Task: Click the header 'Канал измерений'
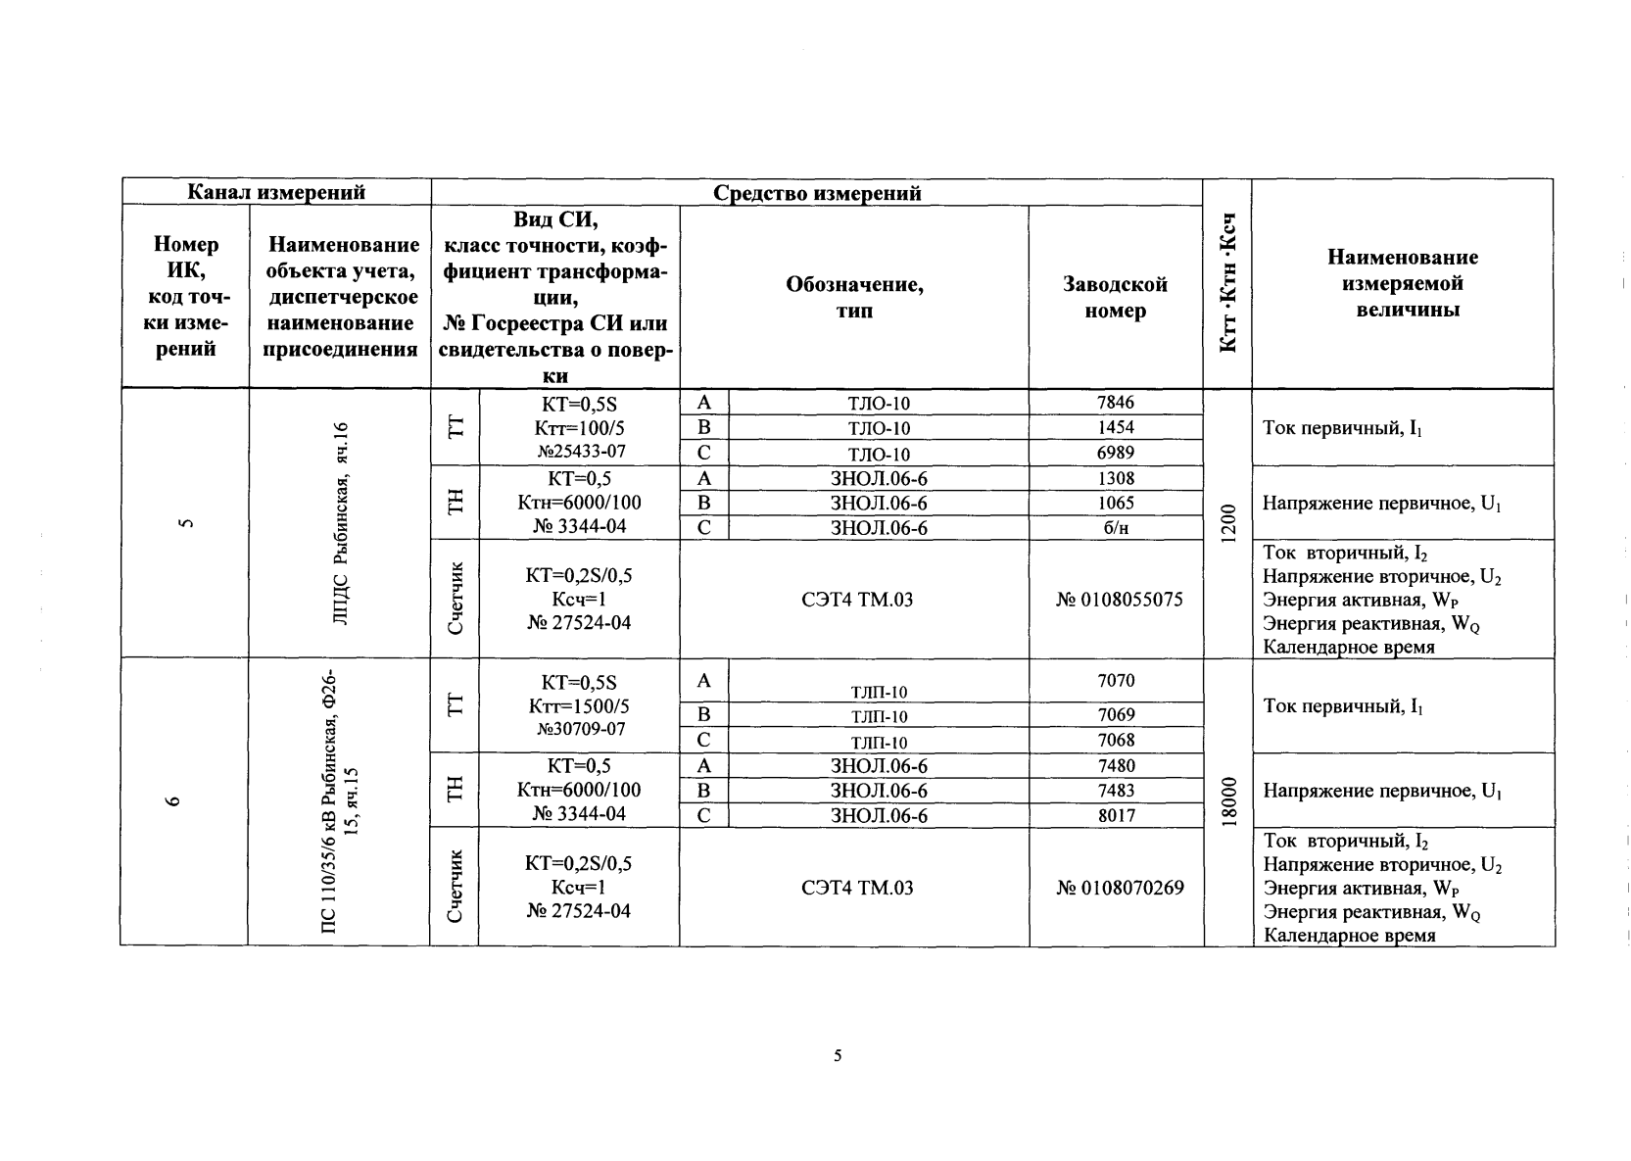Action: click(276, 192)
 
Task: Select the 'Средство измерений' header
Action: click(816, 193)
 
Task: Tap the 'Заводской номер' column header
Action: click(1115, 298)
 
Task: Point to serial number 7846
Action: click(1116, 403)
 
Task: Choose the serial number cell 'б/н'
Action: click(1116, 527)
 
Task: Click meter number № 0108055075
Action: click(1119, 600)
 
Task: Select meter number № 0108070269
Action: click(1120, 888)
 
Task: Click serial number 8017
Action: click(1116, 815)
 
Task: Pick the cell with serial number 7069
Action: click(1116, 715)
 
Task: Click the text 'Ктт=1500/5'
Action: click(579, 706)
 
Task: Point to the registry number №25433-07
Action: click(580, 452)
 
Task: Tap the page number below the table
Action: click(838, 1055)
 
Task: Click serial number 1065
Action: click(1116, 503)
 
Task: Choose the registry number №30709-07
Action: click(580, 730)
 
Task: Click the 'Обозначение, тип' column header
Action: click(854, 298)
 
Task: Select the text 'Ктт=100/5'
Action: click(579, 428)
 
